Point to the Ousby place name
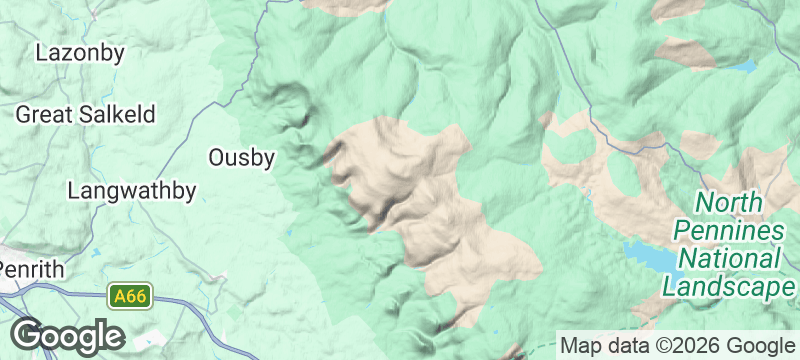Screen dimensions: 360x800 [240, 157]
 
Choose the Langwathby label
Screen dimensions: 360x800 [132, 190]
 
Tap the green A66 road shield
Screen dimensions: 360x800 [130, 296]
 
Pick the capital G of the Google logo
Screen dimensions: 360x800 [27, 334]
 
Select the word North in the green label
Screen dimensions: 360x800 [731, 203]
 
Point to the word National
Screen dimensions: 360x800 [729, 259]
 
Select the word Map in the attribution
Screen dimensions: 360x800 [581, 345]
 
